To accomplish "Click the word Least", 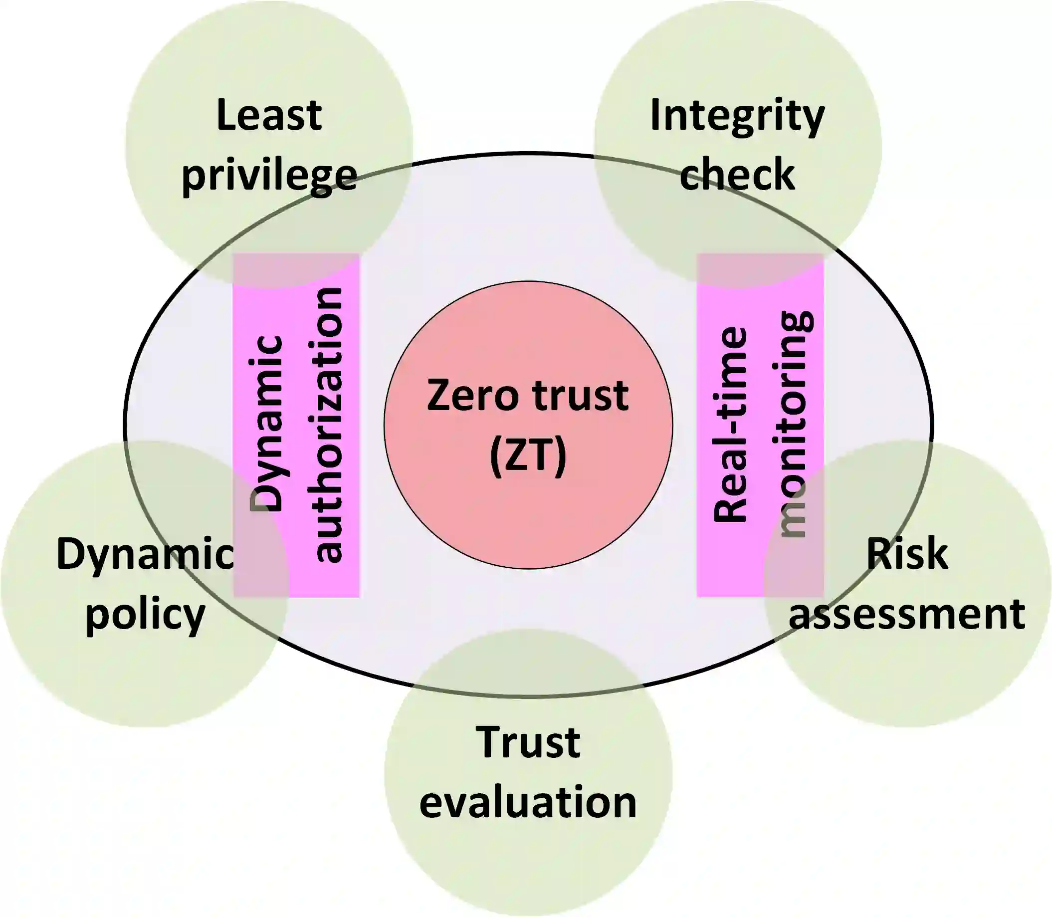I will (x=269, y=115).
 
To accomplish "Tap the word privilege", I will (x=269, y=176).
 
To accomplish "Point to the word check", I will (x=737, y=175).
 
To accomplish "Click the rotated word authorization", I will (x=328, y=425).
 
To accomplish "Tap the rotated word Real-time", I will (x=730, y=425).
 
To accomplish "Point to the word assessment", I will (x=907, y=614).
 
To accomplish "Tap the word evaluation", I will (x=528, y=802).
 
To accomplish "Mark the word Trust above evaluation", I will (x=528, y=742).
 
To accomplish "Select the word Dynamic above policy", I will (x=145, y=554).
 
